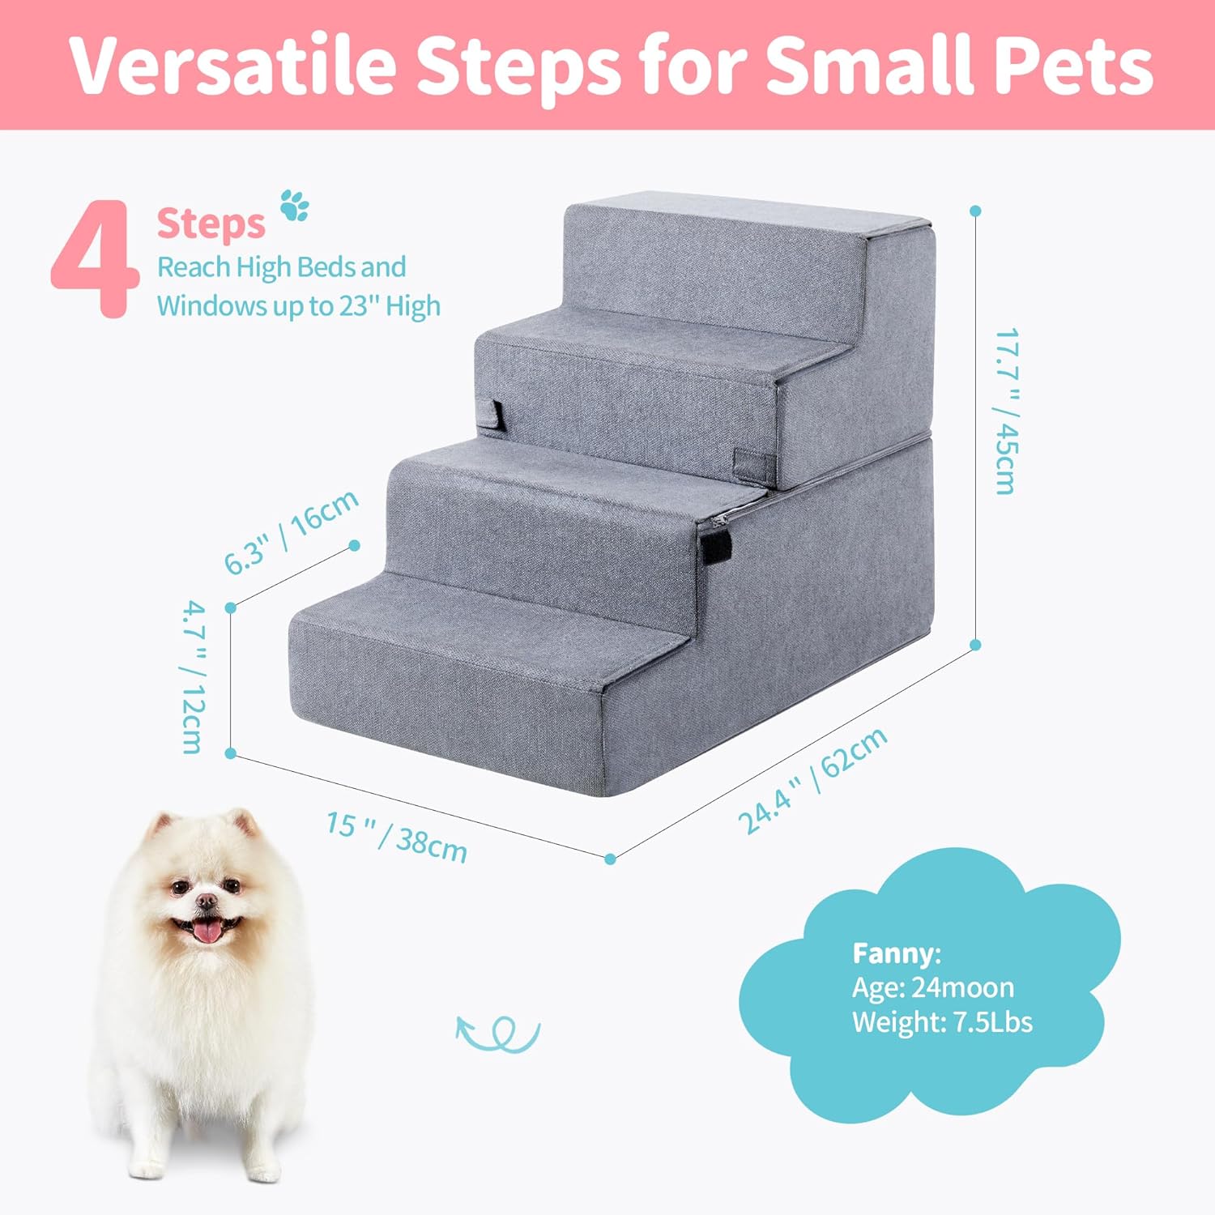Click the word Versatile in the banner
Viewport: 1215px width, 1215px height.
234,65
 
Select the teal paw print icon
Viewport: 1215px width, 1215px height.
295,206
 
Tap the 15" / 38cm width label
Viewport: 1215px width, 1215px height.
396,836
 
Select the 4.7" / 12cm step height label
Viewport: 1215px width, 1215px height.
193,676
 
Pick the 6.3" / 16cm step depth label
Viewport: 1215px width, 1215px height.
291,531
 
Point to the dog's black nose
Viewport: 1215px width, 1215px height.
207,901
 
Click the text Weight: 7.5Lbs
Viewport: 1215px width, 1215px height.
941,1021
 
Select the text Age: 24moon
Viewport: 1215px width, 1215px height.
932,987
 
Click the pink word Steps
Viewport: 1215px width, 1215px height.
211,224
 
